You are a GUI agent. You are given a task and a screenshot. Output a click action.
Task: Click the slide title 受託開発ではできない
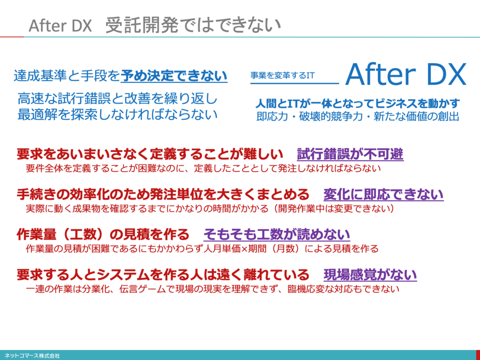193,25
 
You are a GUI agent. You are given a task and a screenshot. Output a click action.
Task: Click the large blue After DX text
405,75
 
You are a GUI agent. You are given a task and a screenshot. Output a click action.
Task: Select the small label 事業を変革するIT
282,75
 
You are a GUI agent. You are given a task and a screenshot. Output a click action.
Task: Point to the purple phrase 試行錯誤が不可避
350,154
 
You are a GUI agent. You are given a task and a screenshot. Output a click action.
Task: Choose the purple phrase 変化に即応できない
383,194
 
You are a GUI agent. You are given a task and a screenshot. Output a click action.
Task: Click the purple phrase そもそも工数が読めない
277,234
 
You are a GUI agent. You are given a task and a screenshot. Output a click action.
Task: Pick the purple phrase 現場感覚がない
370,275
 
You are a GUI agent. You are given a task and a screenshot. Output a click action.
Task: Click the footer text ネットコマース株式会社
32,356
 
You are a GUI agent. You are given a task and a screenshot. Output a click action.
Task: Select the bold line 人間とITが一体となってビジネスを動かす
358,104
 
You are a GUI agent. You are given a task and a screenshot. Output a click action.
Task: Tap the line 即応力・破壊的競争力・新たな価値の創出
358,117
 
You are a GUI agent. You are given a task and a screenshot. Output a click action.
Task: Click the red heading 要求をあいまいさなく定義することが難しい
150,154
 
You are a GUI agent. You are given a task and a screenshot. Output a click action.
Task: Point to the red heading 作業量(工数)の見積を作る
103,234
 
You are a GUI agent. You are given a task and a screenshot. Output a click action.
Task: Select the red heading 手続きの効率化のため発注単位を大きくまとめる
163,194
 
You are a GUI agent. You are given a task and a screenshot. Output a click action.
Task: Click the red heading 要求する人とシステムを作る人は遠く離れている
163,275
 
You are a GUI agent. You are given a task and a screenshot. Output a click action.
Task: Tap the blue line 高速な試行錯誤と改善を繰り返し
118,99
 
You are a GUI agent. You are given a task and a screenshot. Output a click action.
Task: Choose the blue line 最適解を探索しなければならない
118,114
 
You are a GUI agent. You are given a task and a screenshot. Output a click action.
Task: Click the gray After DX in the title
60,26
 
